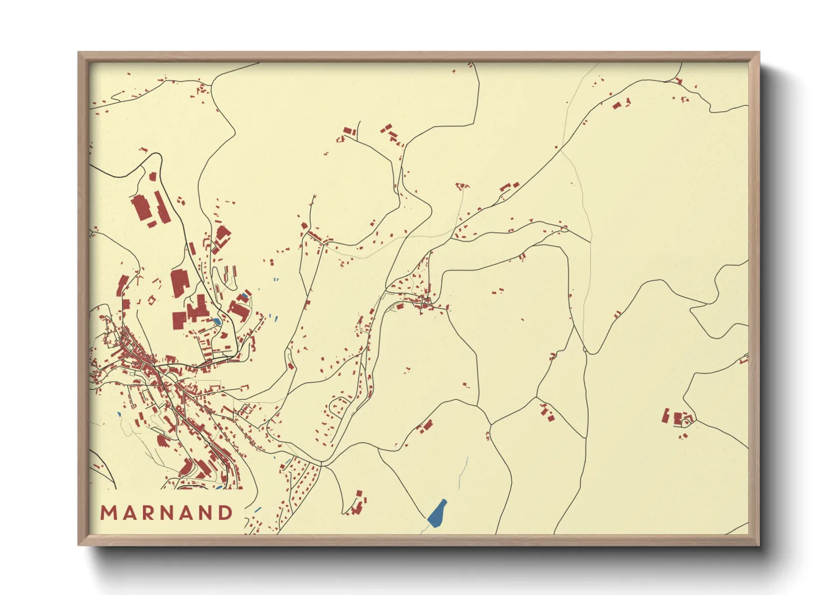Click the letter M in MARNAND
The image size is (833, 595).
pyautogui.click(x=108, y=513)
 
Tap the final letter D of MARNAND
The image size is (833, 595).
pyautogui.click(x=225, y=513)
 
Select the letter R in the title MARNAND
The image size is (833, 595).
pyautogui.click(x=146, y=513)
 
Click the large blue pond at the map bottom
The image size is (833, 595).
pyautogui.click(x=437, y=513)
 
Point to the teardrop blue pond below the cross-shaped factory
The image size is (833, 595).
pyautogui.click(x=217, y=322)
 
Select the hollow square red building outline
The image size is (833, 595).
pyautogui.click(x=151, y=300)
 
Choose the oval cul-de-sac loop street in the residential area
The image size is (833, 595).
pyautogui.click(x=338, y=406)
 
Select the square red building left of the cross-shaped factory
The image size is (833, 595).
pyautogui.click(x=180, y=321)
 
